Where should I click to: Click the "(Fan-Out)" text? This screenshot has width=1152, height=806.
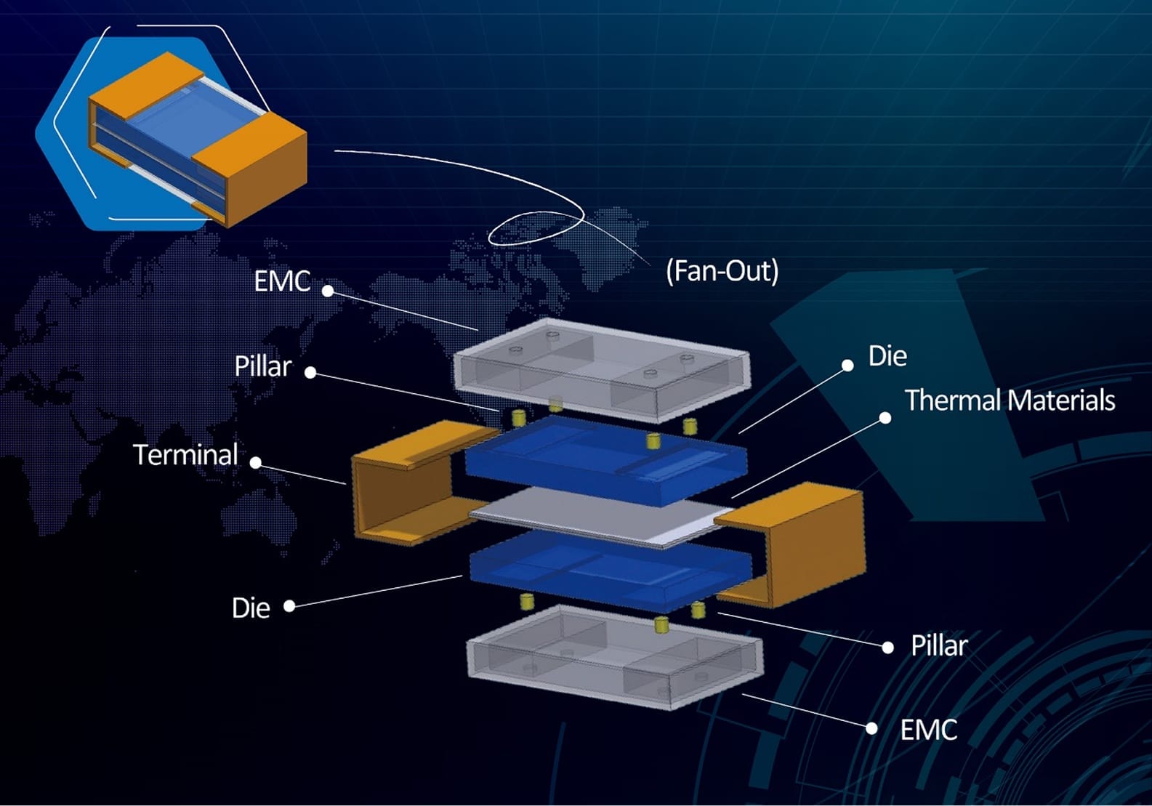click(x=722, y=271)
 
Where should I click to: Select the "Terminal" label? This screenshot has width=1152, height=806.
click(x=185, y=455)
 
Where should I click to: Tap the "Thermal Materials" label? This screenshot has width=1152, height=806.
click(x=1010, y=400)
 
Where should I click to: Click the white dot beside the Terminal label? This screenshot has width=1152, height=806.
click(x=256, y=462)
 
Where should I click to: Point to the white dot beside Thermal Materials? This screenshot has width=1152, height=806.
click(x=885, y=418)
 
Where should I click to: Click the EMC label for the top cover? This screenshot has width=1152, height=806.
click(x=282, y=281)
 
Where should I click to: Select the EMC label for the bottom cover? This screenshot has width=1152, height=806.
click(x=928, y=730)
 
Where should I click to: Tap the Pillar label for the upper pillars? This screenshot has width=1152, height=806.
click(x=262, y=366)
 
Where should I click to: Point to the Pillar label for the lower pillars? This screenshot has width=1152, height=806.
click(x=939, y=645)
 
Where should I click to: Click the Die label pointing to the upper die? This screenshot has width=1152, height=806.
click(x=887, y=356)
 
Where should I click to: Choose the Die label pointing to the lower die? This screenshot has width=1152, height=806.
click(x=251, y=608)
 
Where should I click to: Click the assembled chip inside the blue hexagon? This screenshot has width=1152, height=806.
click(x=196, y=138)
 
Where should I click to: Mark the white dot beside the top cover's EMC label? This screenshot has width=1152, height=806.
click(x=328, y=291)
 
